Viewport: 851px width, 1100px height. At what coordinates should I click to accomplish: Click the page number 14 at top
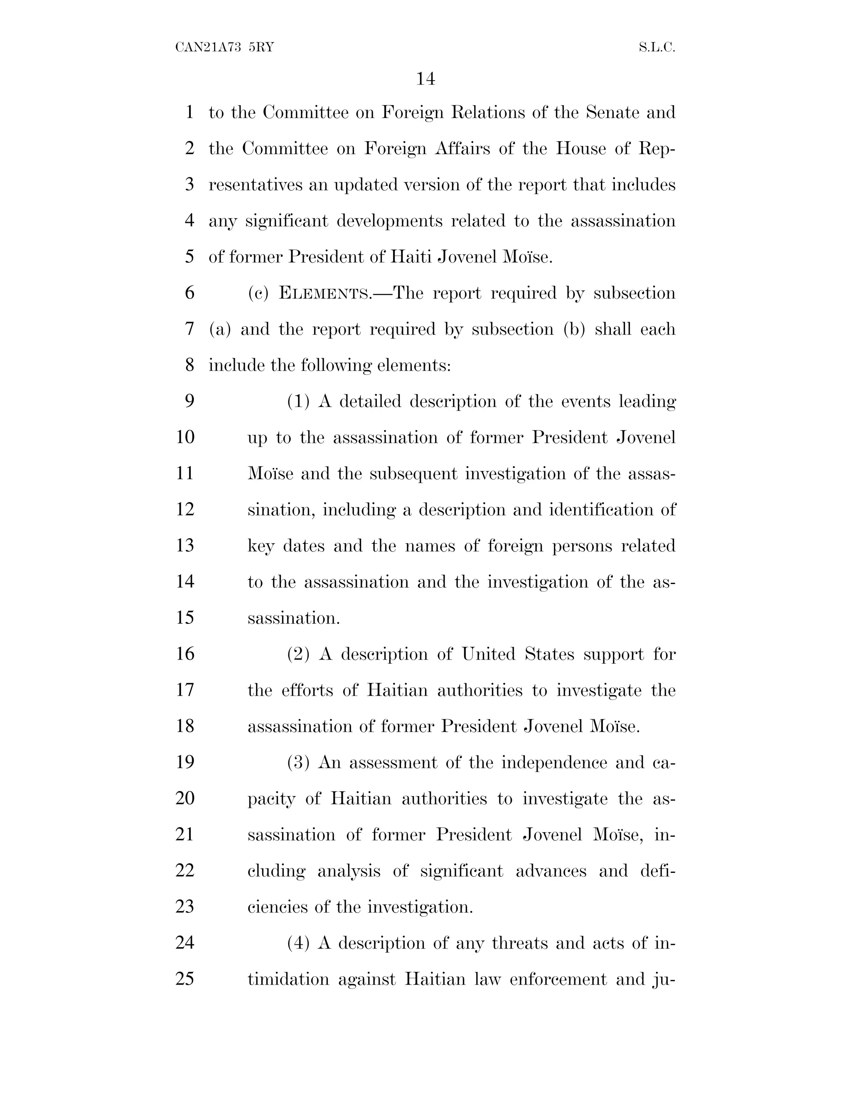coord(425,79)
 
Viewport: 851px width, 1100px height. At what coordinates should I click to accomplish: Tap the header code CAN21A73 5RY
coord(224,48)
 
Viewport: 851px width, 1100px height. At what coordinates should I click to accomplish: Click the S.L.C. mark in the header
coord(657,48)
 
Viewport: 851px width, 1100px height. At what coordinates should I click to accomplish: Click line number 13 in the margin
coord(185,545)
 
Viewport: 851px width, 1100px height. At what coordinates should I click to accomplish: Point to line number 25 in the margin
coord(185,979)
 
